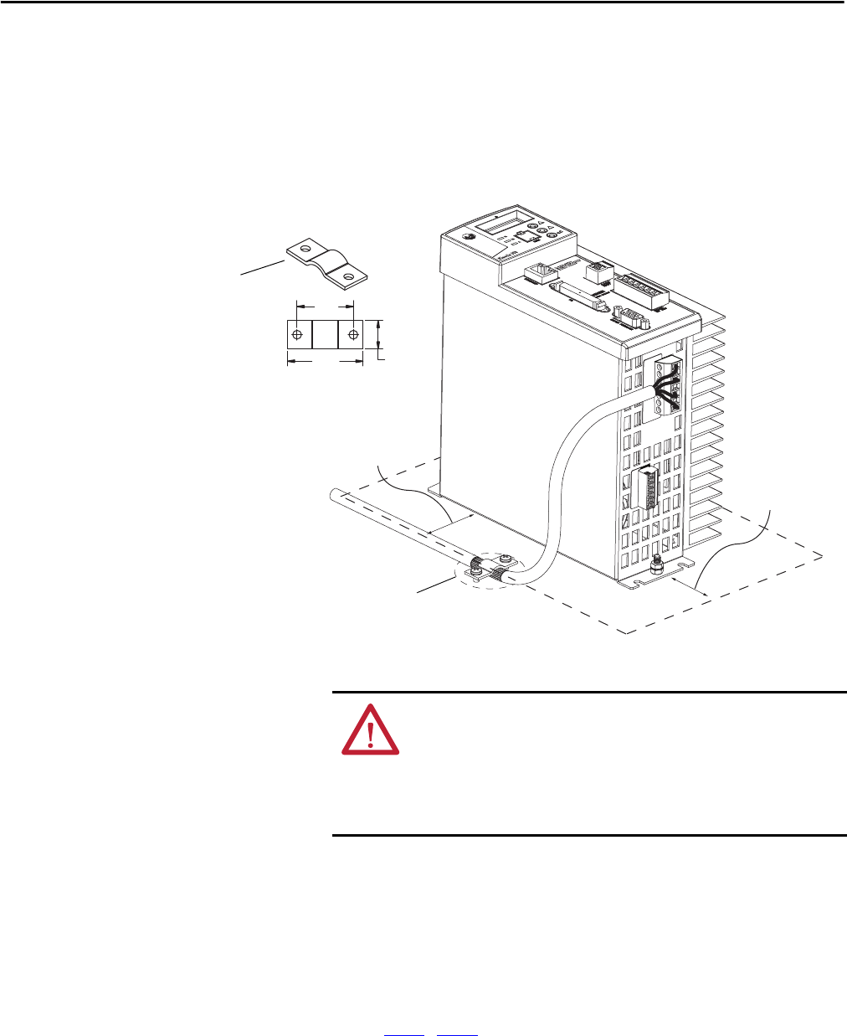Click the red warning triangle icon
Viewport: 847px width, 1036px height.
point(370,731)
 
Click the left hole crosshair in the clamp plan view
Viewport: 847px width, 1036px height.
point(297,335)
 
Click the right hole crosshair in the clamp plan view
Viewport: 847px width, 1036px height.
point(353,335)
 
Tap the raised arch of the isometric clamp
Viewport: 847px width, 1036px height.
point(327,260)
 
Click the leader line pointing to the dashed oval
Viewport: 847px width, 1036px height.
point(435,585)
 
